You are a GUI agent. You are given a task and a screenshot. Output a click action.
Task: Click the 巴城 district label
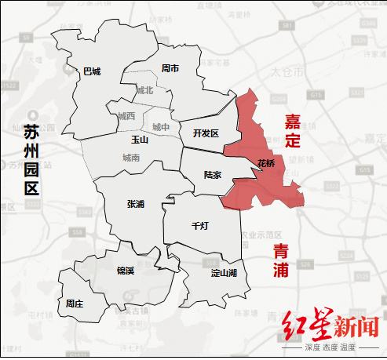point(92,71)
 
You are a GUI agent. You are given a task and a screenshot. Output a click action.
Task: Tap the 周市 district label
point(170,68)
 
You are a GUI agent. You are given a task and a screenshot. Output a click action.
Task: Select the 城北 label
point(145,90)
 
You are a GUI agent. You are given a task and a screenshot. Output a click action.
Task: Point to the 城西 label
point(126,116)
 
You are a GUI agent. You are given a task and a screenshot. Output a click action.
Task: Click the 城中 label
point(160,126)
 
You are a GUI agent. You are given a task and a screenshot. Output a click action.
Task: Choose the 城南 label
point(131,158)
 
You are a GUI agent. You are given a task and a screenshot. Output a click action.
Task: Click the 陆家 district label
point(212,175)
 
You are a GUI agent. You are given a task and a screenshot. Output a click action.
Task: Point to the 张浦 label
point(135,203)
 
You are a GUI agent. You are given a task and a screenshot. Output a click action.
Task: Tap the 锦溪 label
point(126,271)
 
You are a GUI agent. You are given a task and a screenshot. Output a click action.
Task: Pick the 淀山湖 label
point(225,273)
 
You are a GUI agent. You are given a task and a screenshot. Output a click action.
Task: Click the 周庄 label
point(75,303)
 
